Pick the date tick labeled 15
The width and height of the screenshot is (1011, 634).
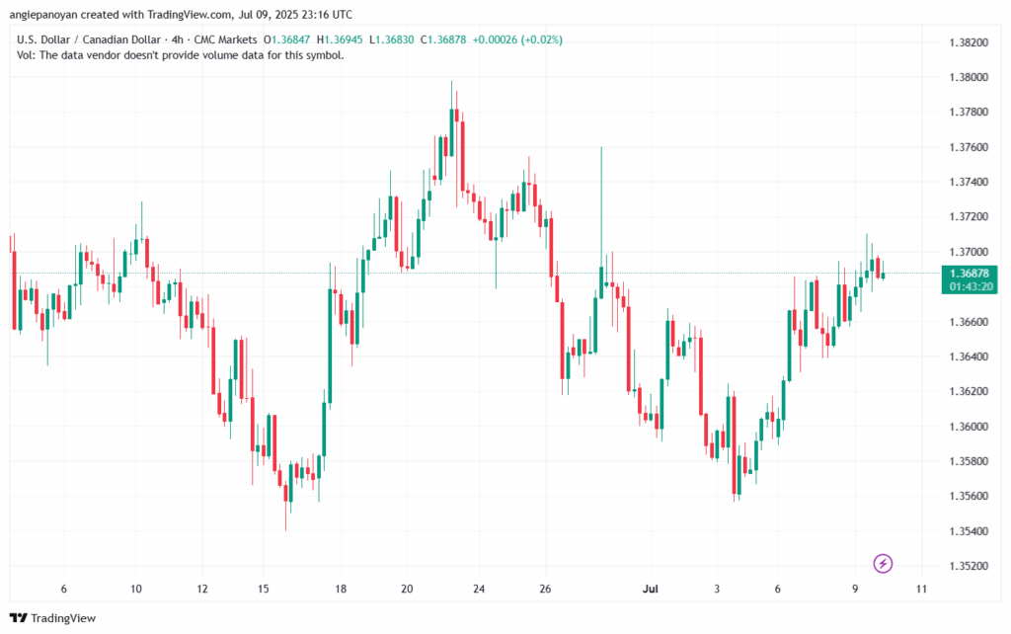coord(263,590)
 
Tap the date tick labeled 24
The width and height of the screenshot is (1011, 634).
coord(479,590)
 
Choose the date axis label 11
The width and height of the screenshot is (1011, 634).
coord(921,590)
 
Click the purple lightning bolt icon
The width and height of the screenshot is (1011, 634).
coord(884,564)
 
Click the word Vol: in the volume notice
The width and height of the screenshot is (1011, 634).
coord(28,55)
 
